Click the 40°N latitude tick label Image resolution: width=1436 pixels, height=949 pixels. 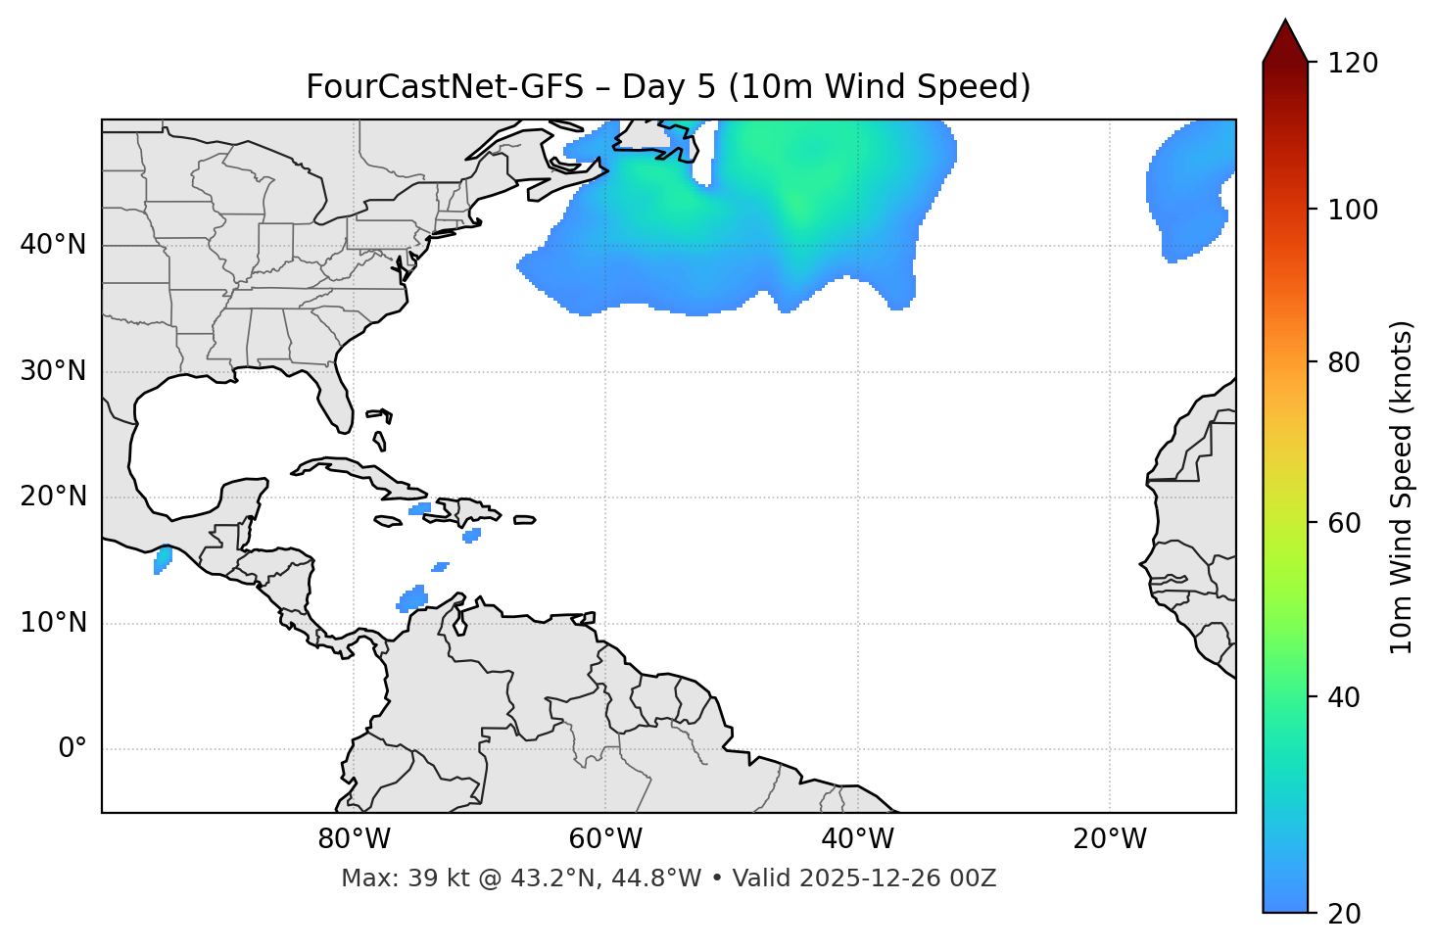(x=53, y=245)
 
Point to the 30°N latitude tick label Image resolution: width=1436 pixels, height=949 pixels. (x=53, y=371)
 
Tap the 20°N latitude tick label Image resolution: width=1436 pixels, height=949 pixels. (x=53, y=497)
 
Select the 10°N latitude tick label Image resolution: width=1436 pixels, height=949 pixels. (x=53, y=623)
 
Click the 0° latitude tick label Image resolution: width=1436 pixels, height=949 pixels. (x=72, y=749)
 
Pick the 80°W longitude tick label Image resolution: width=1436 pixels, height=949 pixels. (x=354, y=839)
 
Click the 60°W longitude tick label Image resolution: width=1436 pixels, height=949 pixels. (x=605, y=839)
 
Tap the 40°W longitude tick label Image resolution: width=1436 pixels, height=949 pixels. (x=857, y=839)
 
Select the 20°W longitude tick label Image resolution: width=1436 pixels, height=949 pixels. (x=1109, y=839)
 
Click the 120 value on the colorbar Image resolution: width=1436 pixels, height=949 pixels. (x=1353, y=64)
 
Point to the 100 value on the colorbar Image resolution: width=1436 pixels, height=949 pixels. (x=1353, y=210)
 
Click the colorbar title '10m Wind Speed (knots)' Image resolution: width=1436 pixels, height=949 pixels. (x=1403, y=487)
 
